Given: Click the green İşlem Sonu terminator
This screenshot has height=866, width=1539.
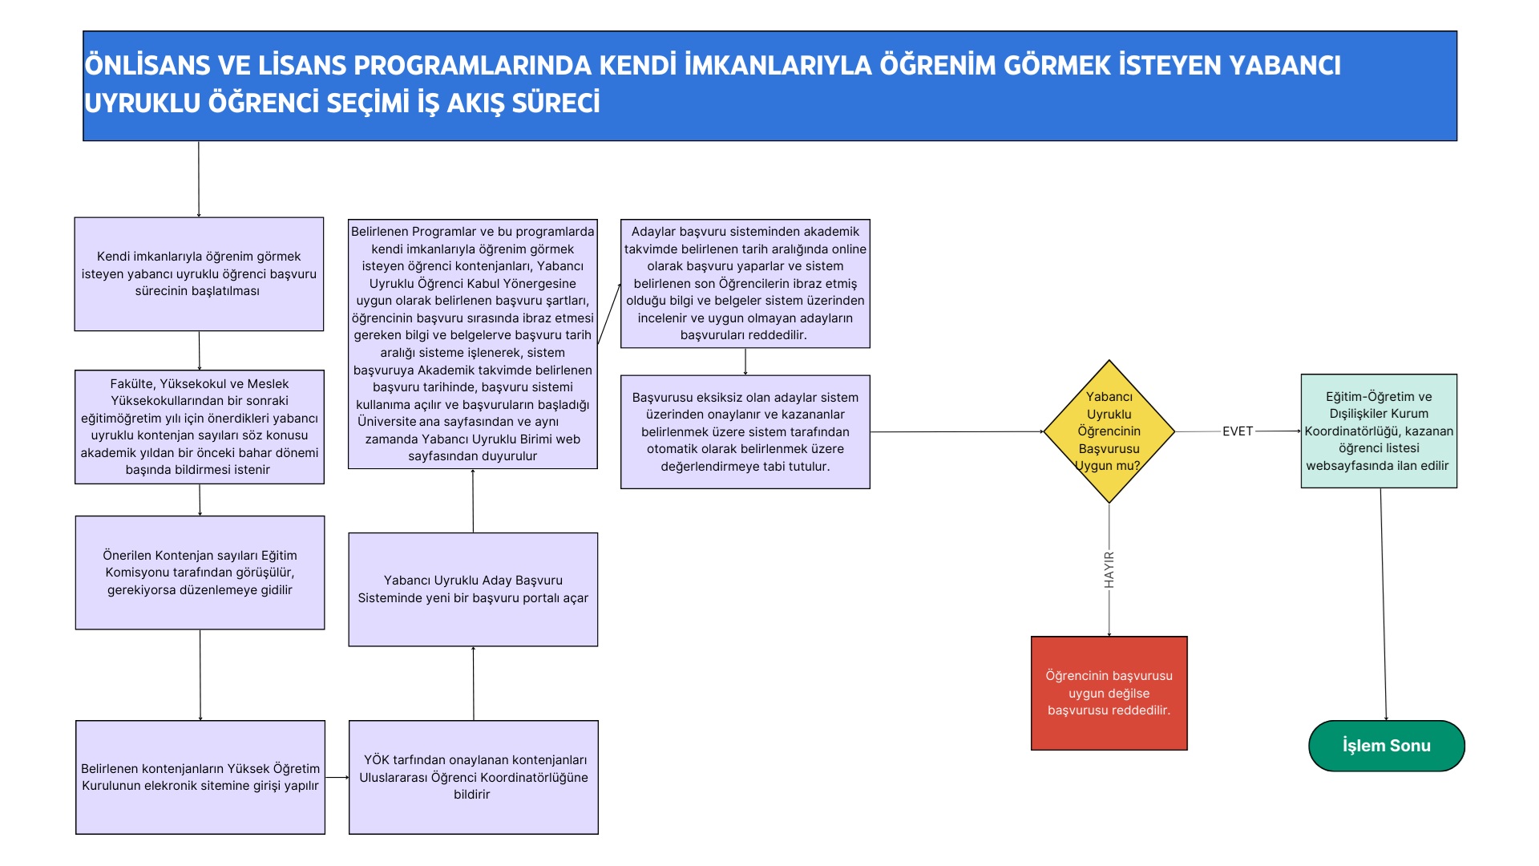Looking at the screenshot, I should (x=1386, y=746).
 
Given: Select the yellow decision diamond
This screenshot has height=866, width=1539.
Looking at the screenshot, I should (x=1109, y=431).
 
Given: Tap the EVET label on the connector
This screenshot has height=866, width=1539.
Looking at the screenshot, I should (x=1237, y=431).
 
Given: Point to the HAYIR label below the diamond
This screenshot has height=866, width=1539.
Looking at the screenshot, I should (x=1109, y=569).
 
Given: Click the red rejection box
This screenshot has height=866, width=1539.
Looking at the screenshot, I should (x=1109, y=694).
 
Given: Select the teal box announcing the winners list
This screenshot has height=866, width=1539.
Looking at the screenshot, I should (x=1379, y=431).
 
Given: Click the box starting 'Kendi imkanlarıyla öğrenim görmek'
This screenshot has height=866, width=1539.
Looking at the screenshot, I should (x=199, y=273).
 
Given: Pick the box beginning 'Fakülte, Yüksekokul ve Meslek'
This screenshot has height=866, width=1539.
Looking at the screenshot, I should (x=200, y=427).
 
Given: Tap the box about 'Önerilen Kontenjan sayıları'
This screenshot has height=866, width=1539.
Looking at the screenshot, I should (x=200, y=573).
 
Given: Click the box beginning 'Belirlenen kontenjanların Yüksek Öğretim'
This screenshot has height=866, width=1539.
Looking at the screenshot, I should (x=200, y=777).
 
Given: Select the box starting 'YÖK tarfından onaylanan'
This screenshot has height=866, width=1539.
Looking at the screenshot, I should (x=473, y=777).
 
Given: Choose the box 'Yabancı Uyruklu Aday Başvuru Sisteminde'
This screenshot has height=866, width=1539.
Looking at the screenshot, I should (x=473, y=589).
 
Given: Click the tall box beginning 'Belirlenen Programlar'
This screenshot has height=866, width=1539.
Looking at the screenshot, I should (x=472, y=344).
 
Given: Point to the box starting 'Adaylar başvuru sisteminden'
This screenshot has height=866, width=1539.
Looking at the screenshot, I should (x=745, y=283).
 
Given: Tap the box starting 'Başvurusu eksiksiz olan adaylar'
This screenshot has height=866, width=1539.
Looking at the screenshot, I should (x=745, y=432).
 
